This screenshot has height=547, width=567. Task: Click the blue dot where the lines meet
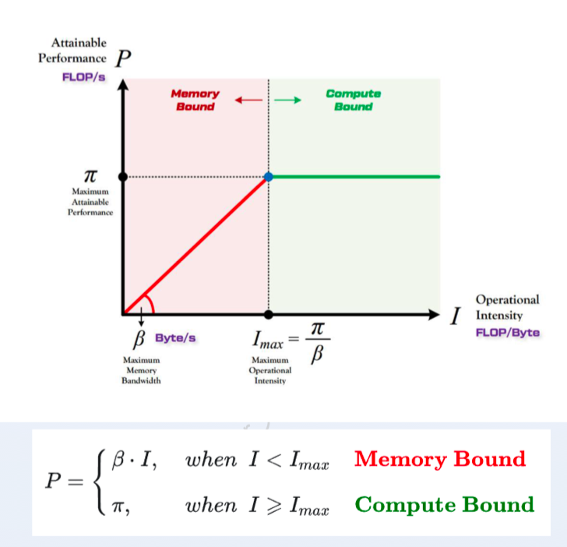268,177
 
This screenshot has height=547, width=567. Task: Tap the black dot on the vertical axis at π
123,177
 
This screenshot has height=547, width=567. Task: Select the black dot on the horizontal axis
268,314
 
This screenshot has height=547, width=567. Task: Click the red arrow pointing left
248,100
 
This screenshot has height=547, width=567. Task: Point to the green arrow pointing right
288,100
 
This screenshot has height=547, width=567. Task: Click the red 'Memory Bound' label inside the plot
195,101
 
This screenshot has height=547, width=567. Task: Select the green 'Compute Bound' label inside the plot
354,101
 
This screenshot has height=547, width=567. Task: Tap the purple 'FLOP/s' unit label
83,77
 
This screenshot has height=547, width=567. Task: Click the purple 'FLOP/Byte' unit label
508,333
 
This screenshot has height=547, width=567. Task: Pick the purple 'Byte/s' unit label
175,338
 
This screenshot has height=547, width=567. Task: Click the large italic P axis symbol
123,58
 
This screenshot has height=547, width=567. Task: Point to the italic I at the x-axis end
456,316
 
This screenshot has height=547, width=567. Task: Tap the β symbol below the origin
139,340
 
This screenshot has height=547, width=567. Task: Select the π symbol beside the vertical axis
90,176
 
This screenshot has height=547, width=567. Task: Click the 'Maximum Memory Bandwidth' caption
141,370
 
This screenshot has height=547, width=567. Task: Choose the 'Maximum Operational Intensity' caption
270,370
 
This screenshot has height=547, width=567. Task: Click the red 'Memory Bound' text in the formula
440,459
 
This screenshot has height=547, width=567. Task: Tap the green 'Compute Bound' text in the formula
445,504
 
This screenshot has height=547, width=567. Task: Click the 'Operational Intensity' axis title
507,307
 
